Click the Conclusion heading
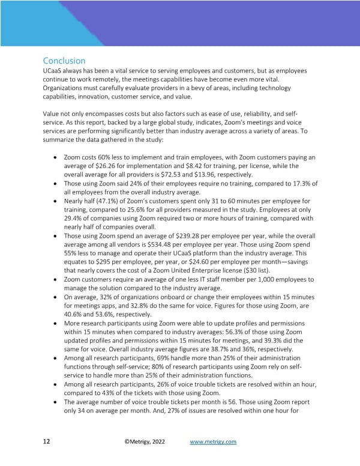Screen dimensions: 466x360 point(64,61)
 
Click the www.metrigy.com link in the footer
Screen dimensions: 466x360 point(213,442)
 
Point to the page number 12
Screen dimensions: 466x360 point(46,442)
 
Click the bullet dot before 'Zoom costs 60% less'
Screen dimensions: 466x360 point(56,157)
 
